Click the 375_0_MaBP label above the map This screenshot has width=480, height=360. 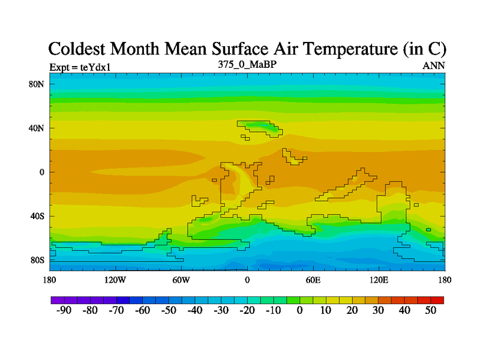tap(247, 64)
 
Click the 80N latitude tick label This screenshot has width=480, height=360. tap(38, 84)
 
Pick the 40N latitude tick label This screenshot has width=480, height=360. tap(38, 128)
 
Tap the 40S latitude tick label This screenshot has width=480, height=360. tap(38, 216)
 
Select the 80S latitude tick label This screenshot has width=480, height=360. tap(38, 260)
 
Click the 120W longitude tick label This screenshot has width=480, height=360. tap(115, 280)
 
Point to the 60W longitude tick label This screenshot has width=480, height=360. tap(181, 280)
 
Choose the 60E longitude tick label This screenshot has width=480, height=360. tap(313, 280)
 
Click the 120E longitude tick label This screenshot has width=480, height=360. tap(379, 280)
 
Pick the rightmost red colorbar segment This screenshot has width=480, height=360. tap(437, 299)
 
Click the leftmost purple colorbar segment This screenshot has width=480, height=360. tap(58, 299)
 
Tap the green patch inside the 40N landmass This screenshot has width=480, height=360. tap(264, 127)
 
